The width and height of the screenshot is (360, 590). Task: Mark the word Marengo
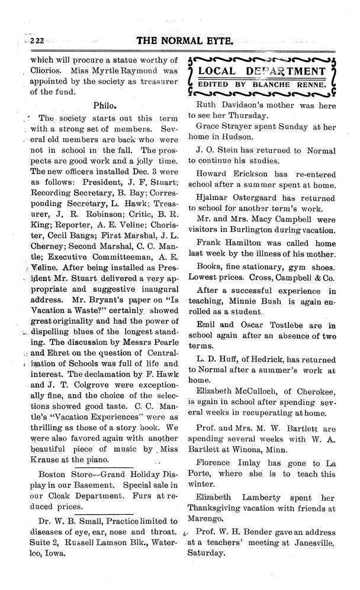tap(206, 519)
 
